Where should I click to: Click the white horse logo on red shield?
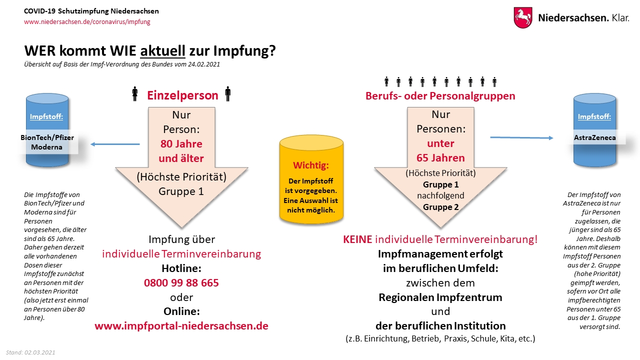[523, 17]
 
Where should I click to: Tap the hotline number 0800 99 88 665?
[181, 282]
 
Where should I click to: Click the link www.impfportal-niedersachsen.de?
[181, 326]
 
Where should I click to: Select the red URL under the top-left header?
[87, 22]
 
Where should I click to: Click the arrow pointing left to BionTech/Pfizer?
[115, 144]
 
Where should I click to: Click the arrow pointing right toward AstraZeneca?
[521, 137]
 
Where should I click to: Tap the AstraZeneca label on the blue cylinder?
[594, 137]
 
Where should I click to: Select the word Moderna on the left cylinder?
[46, 147]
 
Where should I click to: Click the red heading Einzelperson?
[182, 95]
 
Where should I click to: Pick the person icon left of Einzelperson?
[134, 94]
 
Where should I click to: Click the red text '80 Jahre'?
[181, 144]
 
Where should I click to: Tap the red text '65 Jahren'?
[440, 158]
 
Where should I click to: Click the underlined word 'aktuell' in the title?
[163, 51]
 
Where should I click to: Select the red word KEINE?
[357, 239]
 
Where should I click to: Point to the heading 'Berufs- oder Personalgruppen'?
[440, 95]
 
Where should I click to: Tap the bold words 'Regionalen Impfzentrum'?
[440, 297]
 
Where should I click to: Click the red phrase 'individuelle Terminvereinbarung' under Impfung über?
[181, 253]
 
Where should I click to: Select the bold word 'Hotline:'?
[181, 268]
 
